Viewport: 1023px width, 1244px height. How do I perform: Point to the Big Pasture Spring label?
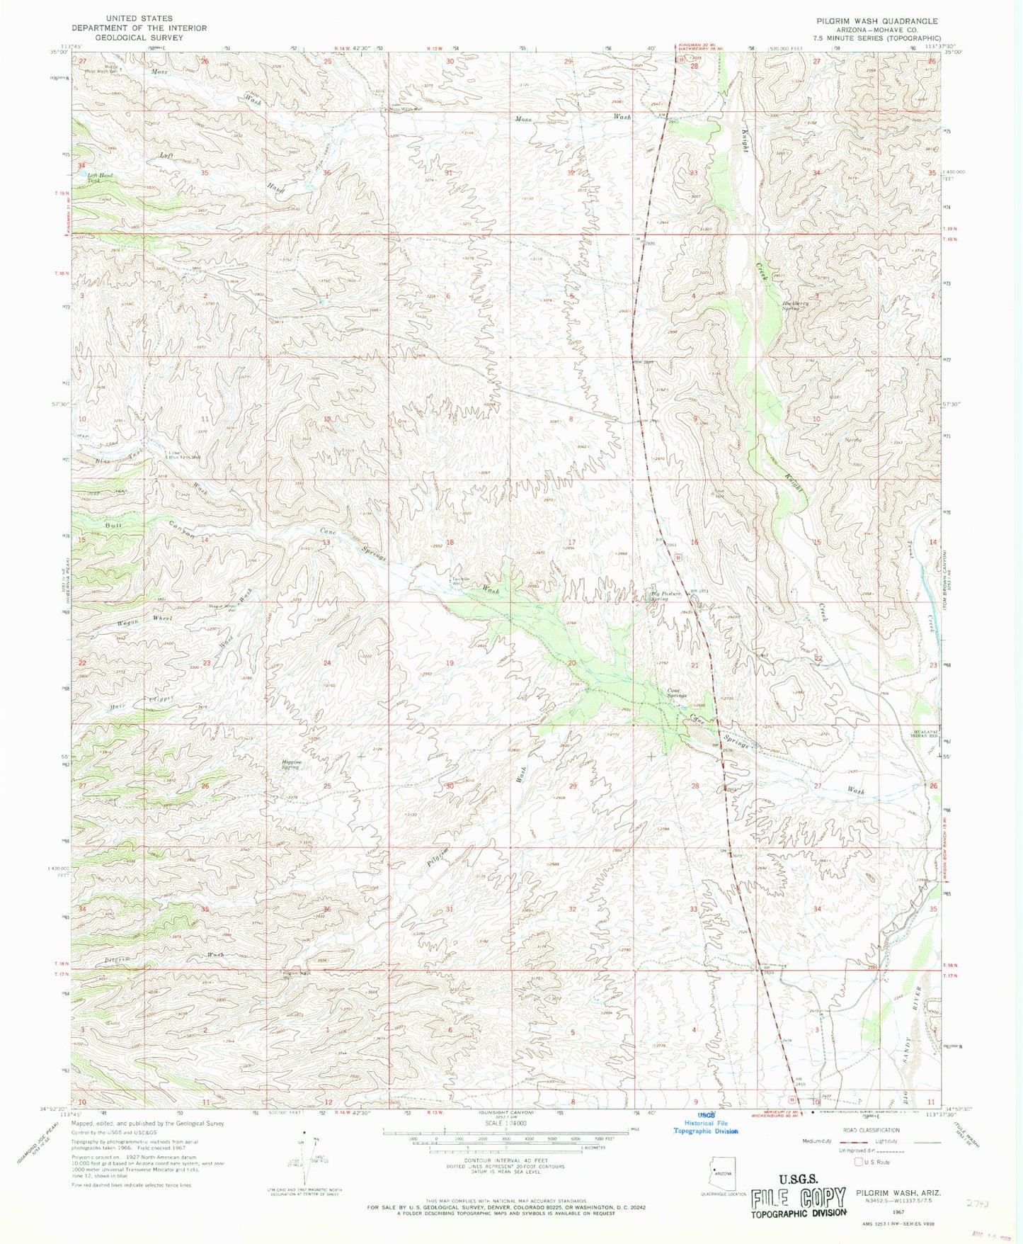coord(666,596)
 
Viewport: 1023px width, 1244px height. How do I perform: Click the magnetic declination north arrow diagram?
coord(307,1157)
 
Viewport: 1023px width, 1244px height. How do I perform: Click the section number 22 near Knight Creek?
coord(818,659)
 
